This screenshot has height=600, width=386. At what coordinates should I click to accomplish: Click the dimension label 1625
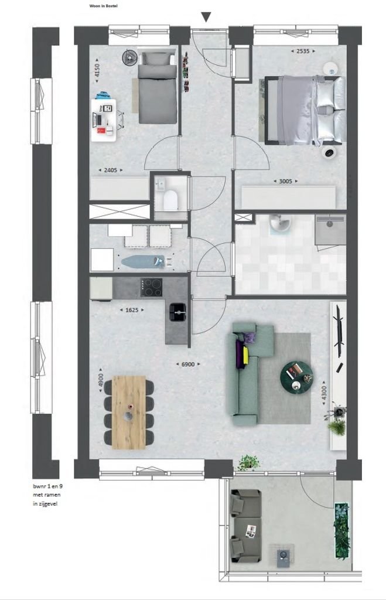tap(129, 309)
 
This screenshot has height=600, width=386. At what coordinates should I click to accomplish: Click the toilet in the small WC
tap(170, 200)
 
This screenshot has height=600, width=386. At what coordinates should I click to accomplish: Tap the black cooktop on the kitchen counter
tap(152, 287)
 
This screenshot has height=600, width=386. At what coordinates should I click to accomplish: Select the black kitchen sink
tap(177, 312)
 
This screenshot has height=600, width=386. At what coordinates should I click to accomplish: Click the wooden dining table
tap(128, 412)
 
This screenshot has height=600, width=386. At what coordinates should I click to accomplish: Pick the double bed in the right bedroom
tap(305, 110)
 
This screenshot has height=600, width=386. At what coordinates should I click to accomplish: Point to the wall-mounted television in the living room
tap(338, 336)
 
